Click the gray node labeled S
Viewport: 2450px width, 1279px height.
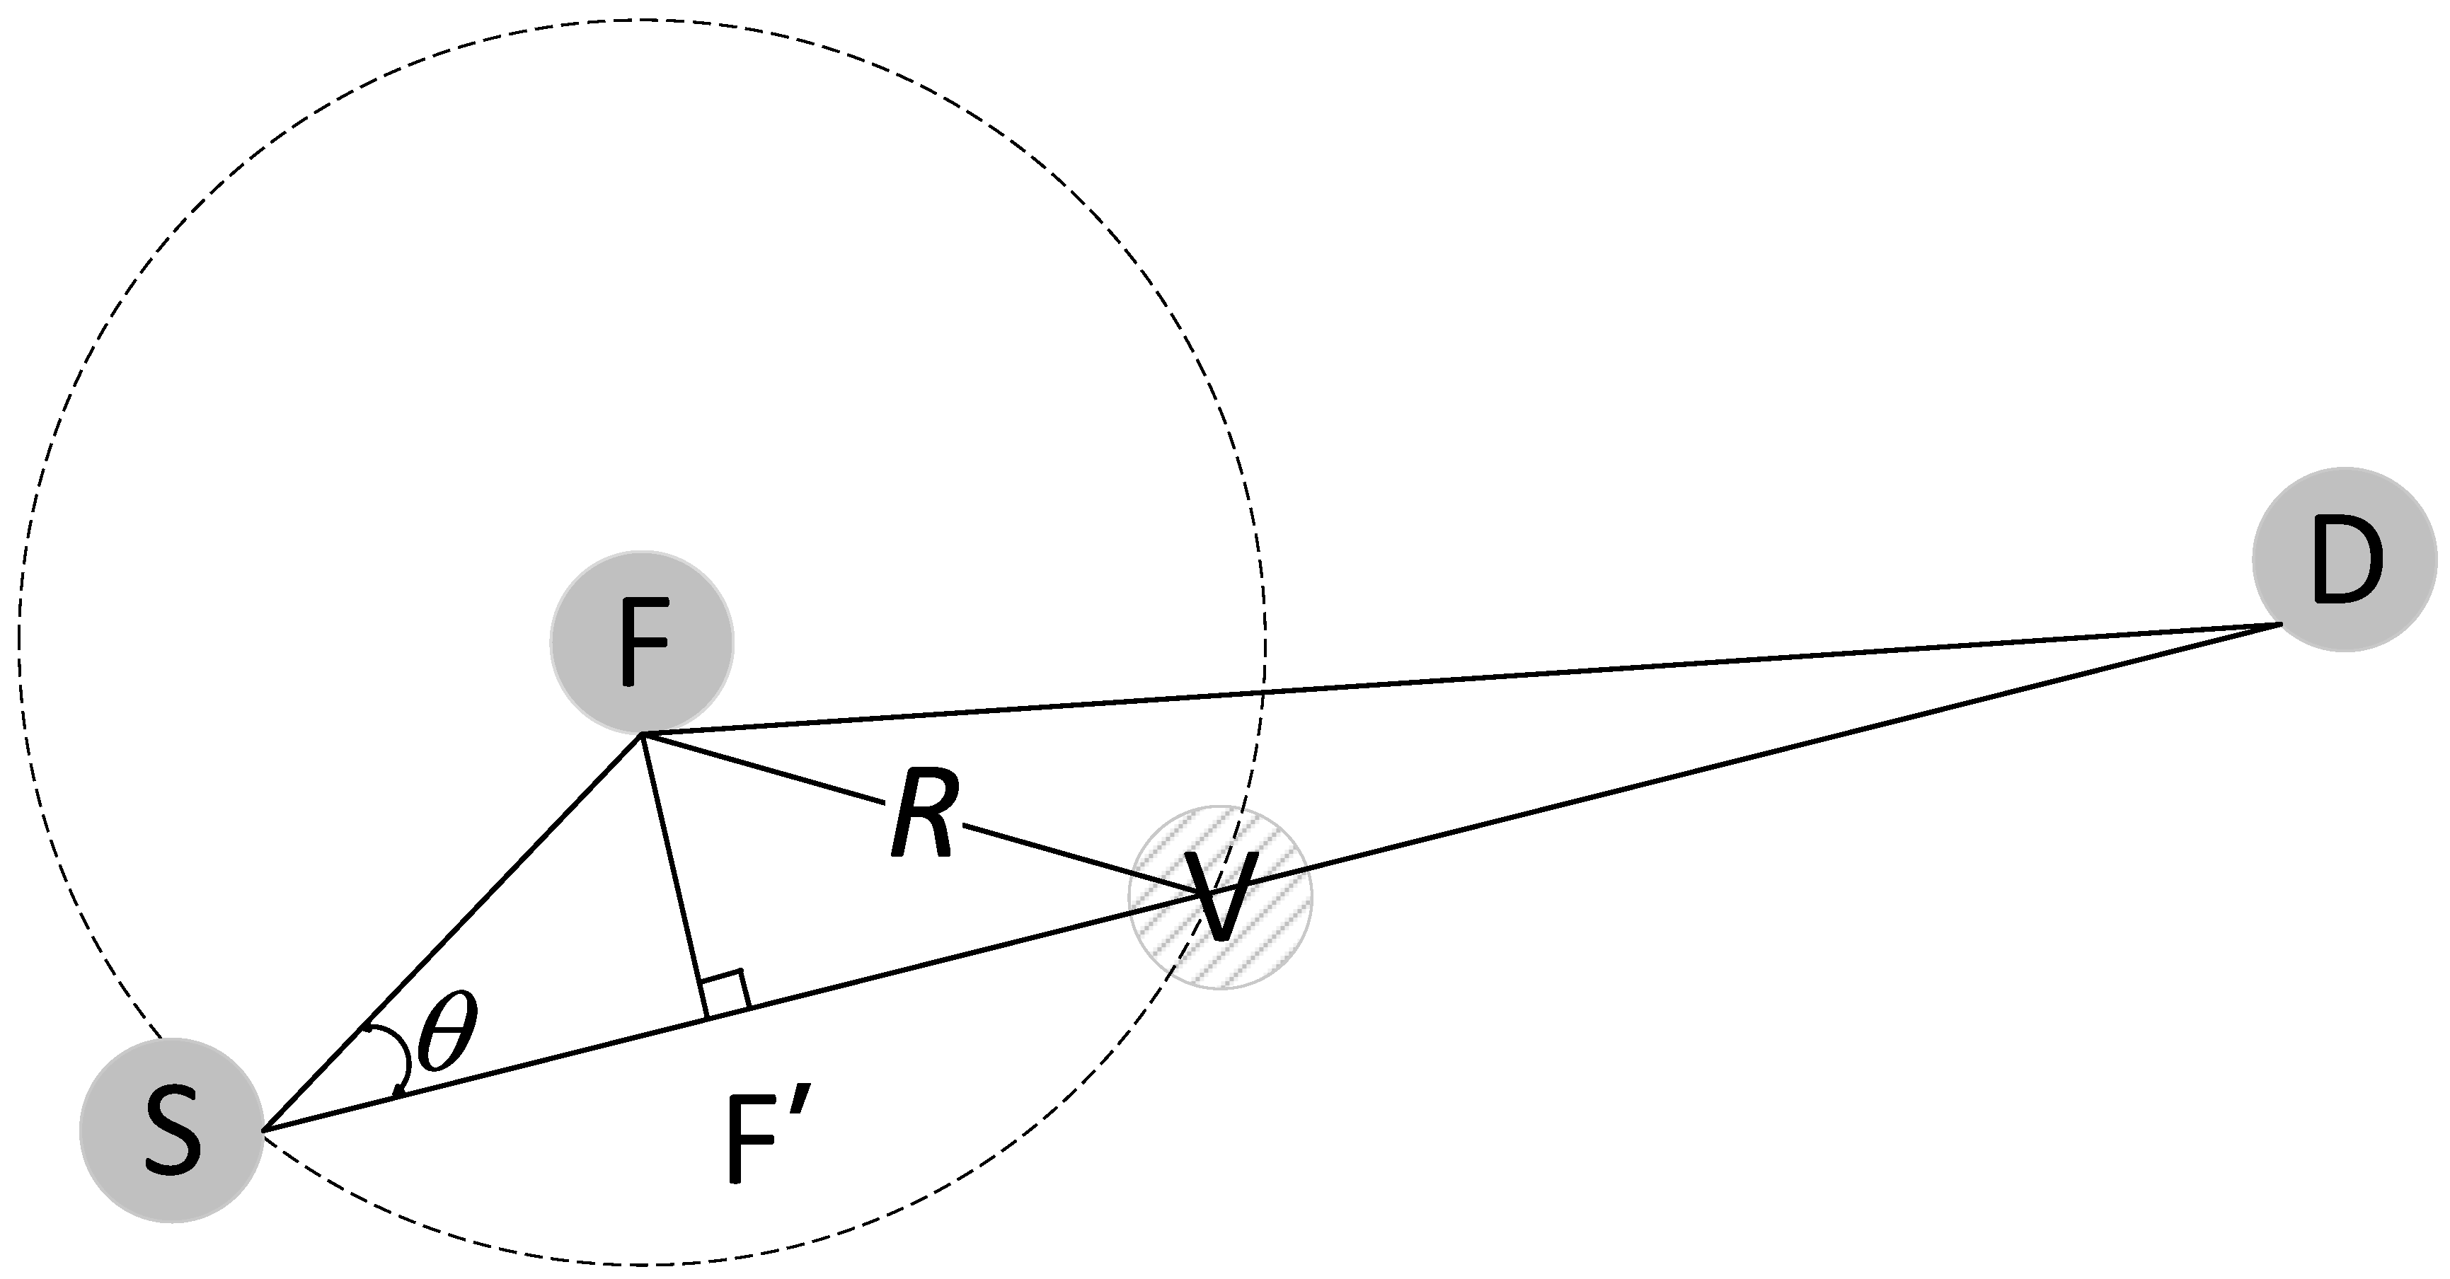tap(171, 1130)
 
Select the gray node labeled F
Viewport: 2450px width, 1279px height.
tap(642, 643)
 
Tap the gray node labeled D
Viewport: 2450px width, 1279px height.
tap(2345, 559)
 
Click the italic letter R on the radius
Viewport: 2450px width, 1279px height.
tap(923, 814)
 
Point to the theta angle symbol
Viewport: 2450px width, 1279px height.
tap(447, 1034)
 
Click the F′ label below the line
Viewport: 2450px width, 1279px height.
tap(766, 1138)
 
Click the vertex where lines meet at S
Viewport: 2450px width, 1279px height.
tap(263, 1130)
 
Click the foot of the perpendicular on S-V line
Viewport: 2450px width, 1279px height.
tap(706, 1019)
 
